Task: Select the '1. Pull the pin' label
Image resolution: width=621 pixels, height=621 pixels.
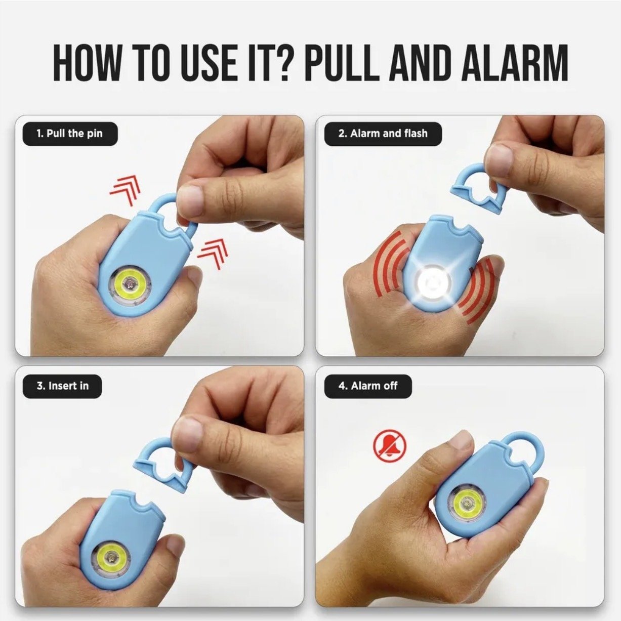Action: point(70,134)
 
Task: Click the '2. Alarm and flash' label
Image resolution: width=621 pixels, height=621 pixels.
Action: point(383,134)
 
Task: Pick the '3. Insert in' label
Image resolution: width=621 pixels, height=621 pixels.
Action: point(62,386)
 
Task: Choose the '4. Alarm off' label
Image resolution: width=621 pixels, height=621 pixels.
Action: point(368,386)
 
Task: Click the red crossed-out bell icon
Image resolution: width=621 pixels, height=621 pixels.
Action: point(390,446)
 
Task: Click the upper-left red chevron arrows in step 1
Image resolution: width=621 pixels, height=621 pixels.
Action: point(126,191)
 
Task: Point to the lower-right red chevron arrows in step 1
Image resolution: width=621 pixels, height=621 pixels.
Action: point(213,254)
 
